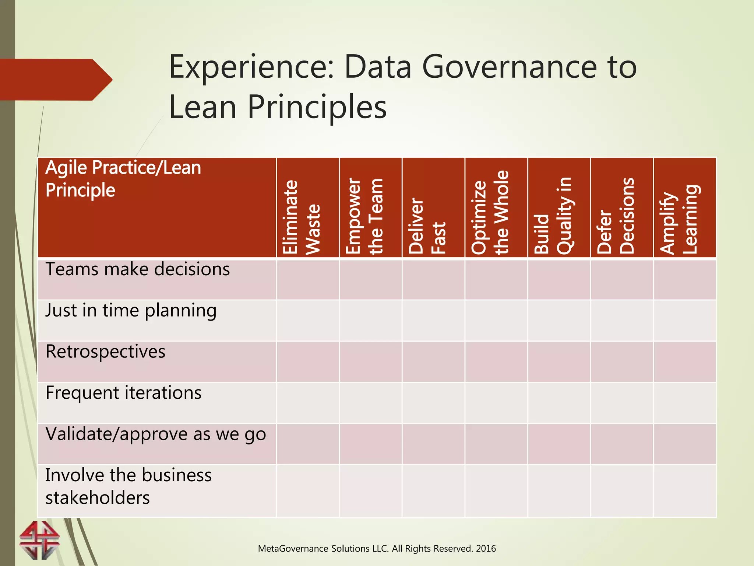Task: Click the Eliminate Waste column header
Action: coord(301,217)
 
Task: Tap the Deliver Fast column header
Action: coord(427,226)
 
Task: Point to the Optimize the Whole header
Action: coord(490,213)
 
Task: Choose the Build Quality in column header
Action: coord(553,216)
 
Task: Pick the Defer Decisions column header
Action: coord(616,216)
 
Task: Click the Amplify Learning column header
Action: coord(679,220)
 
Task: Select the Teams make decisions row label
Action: coord(138,269)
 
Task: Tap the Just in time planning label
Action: coord(131,310)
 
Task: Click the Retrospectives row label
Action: coord(105,352)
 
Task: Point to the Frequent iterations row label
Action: coord(123,393)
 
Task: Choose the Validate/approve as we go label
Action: coord(155,434)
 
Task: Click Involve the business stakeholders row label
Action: coord(128,486)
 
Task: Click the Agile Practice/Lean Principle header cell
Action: coord(123,179)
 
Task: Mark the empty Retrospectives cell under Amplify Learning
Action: coord(684,361)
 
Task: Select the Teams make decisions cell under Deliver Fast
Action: coord(433,280)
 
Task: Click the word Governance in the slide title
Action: coord(509,67)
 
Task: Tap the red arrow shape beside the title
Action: coord(55,80)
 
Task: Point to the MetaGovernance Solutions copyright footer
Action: coord(377,548)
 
